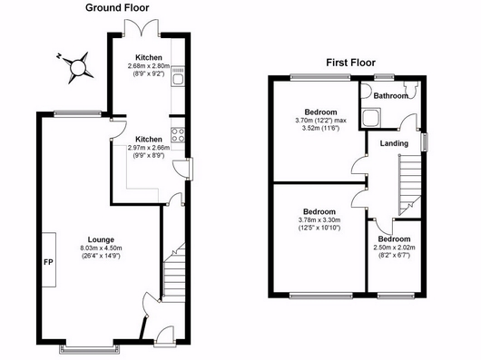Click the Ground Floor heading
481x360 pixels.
[x=117, y=7]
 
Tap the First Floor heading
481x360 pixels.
[x=350, y=63]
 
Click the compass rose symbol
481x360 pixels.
[x=77, y=68]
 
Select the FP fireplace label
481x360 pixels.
[x=48, y=262]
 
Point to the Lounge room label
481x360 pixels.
[x=101, y=239]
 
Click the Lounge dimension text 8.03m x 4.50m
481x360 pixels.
[x=101, y=248]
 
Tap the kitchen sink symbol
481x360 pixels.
[x=178, y=76]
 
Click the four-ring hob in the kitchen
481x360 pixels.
[x=178, y=135]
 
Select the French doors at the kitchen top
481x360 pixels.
[x=141, y=28]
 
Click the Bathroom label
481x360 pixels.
[x=390, y=96]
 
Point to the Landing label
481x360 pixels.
[x=394, y=143]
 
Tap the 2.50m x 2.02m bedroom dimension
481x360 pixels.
[x=394, y=248]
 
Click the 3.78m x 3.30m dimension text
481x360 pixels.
[x=319, y=220]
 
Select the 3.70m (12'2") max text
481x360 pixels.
[x=321, y=121]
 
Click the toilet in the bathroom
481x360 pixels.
[x=411, y=90]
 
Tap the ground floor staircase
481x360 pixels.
[x=173, y=273]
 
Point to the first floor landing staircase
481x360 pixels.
[x=410, y=185]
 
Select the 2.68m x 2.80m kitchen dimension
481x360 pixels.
[x=149, y=66]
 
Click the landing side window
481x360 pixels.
[x=425, y=141]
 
